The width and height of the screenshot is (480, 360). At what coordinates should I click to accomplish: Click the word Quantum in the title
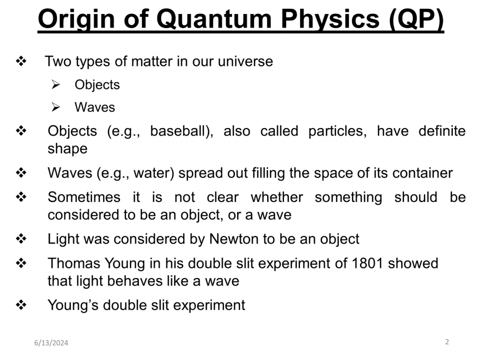214,19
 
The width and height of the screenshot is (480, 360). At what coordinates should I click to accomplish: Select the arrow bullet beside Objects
56,84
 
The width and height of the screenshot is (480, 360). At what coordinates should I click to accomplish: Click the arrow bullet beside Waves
56,107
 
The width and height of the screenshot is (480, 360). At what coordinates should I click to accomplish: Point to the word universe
245,61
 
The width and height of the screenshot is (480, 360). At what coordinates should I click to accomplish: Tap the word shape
67,149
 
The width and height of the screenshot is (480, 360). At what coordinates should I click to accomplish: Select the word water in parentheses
151,173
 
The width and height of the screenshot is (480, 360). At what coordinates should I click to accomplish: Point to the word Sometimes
84,197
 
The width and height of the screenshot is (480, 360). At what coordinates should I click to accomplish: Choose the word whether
277,197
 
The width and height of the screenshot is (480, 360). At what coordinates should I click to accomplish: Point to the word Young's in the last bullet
73,305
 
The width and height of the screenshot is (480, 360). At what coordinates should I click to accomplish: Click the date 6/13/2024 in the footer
51,343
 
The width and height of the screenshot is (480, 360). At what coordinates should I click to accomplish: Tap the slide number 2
447,342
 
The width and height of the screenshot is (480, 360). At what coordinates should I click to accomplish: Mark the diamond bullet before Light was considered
21,239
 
